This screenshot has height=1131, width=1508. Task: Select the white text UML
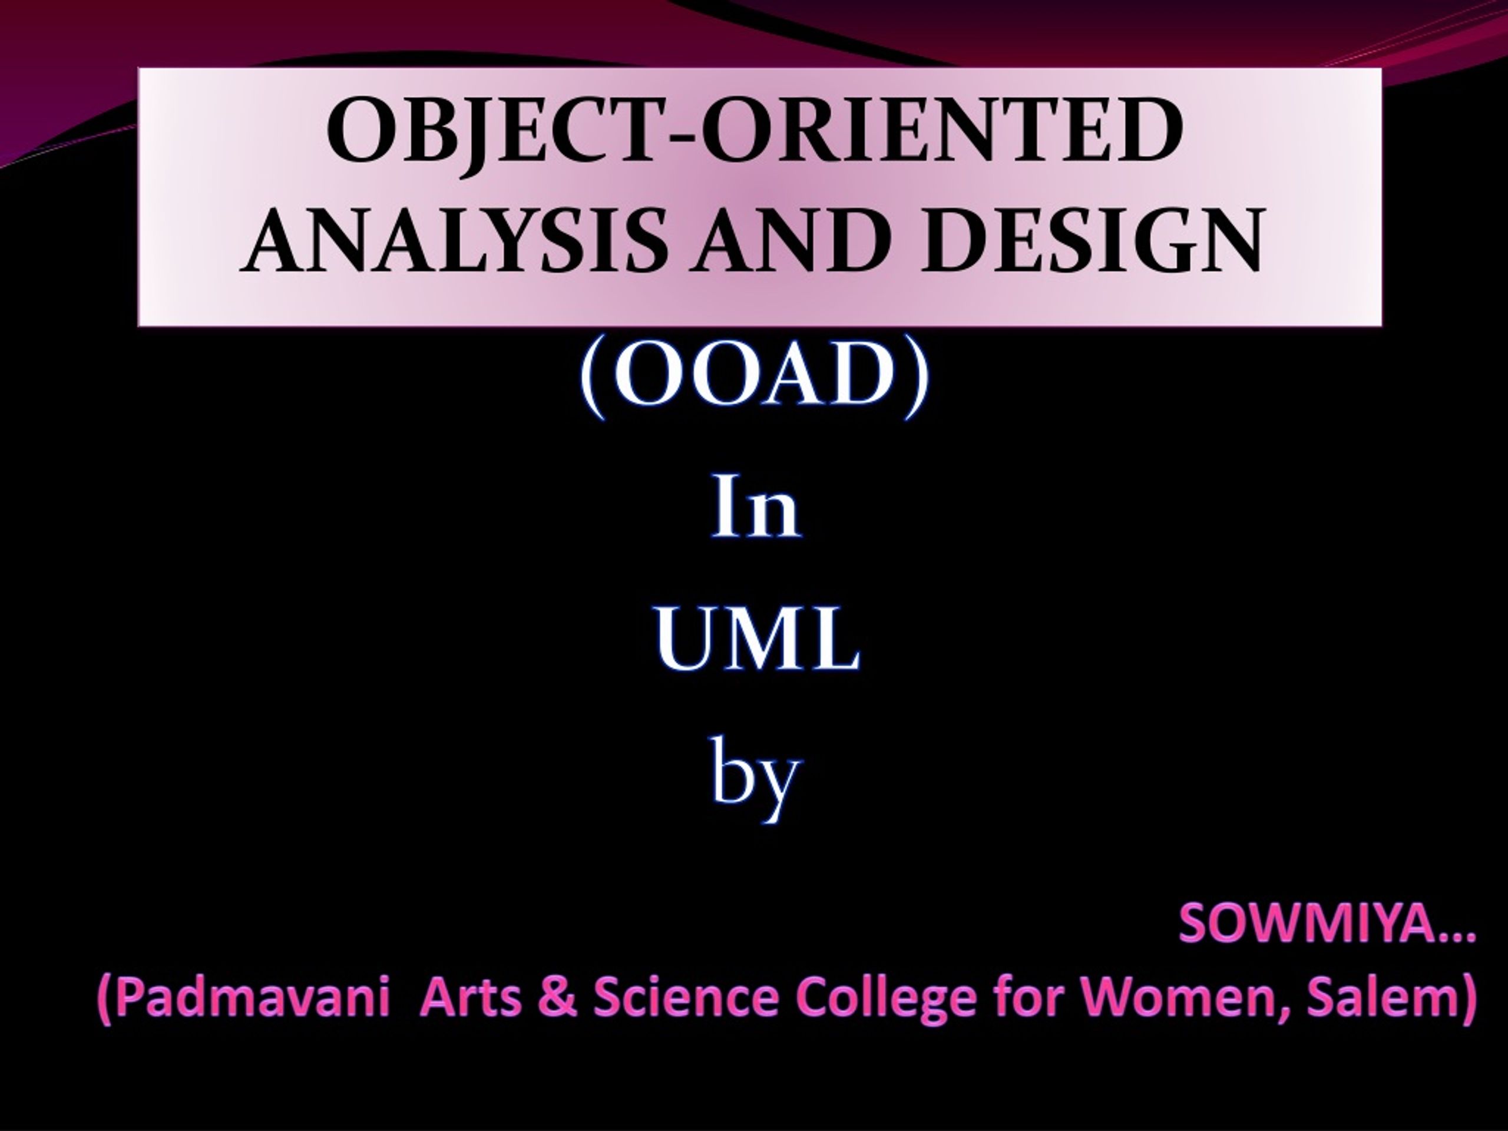pyautogui.click(x=757, y=639)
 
